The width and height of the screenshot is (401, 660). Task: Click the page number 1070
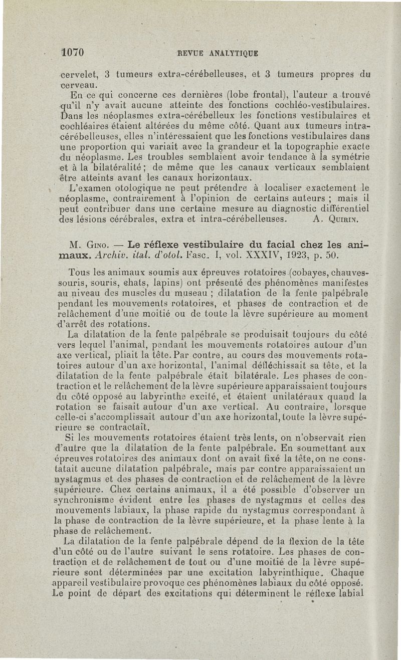72,52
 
